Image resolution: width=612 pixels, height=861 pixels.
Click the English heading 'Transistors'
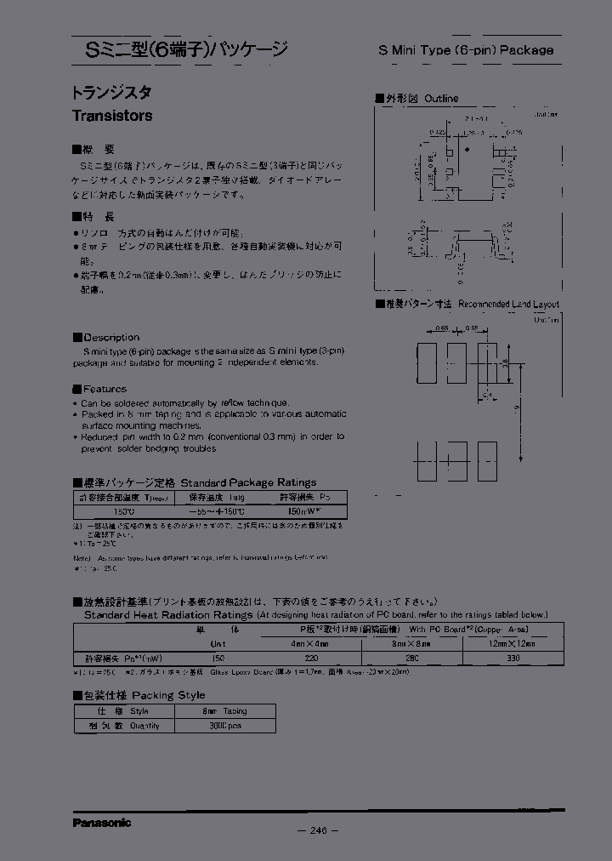(x=112, y=116)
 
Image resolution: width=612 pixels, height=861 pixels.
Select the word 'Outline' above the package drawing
(x=441, y=99)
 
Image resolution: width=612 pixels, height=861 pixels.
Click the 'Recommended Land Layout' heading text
(x=508, y=304)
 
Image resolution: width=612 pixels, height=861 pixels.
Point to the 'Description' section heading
(x=111, y=337)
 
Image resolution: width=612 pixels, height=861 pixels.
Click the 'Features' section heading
(x=105, y=389)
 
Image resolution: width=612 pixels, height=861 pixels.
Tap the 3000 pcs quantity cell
(x=224, y=726)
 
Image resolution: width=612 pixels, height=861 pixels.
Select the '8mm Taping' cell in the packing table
(x=224, y=710)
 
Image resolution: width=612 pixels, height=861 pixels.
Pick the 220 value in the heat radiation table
(x=312, y=659)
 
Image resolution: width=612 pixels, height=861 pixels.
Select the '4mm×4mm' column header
(x=311, y=644)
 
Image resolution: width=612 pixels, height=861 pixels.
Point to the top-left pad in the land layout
(x=426, y=361)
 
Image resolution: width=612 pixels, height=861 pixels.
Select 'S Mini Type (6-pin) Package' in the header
(x=465, y=50)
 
